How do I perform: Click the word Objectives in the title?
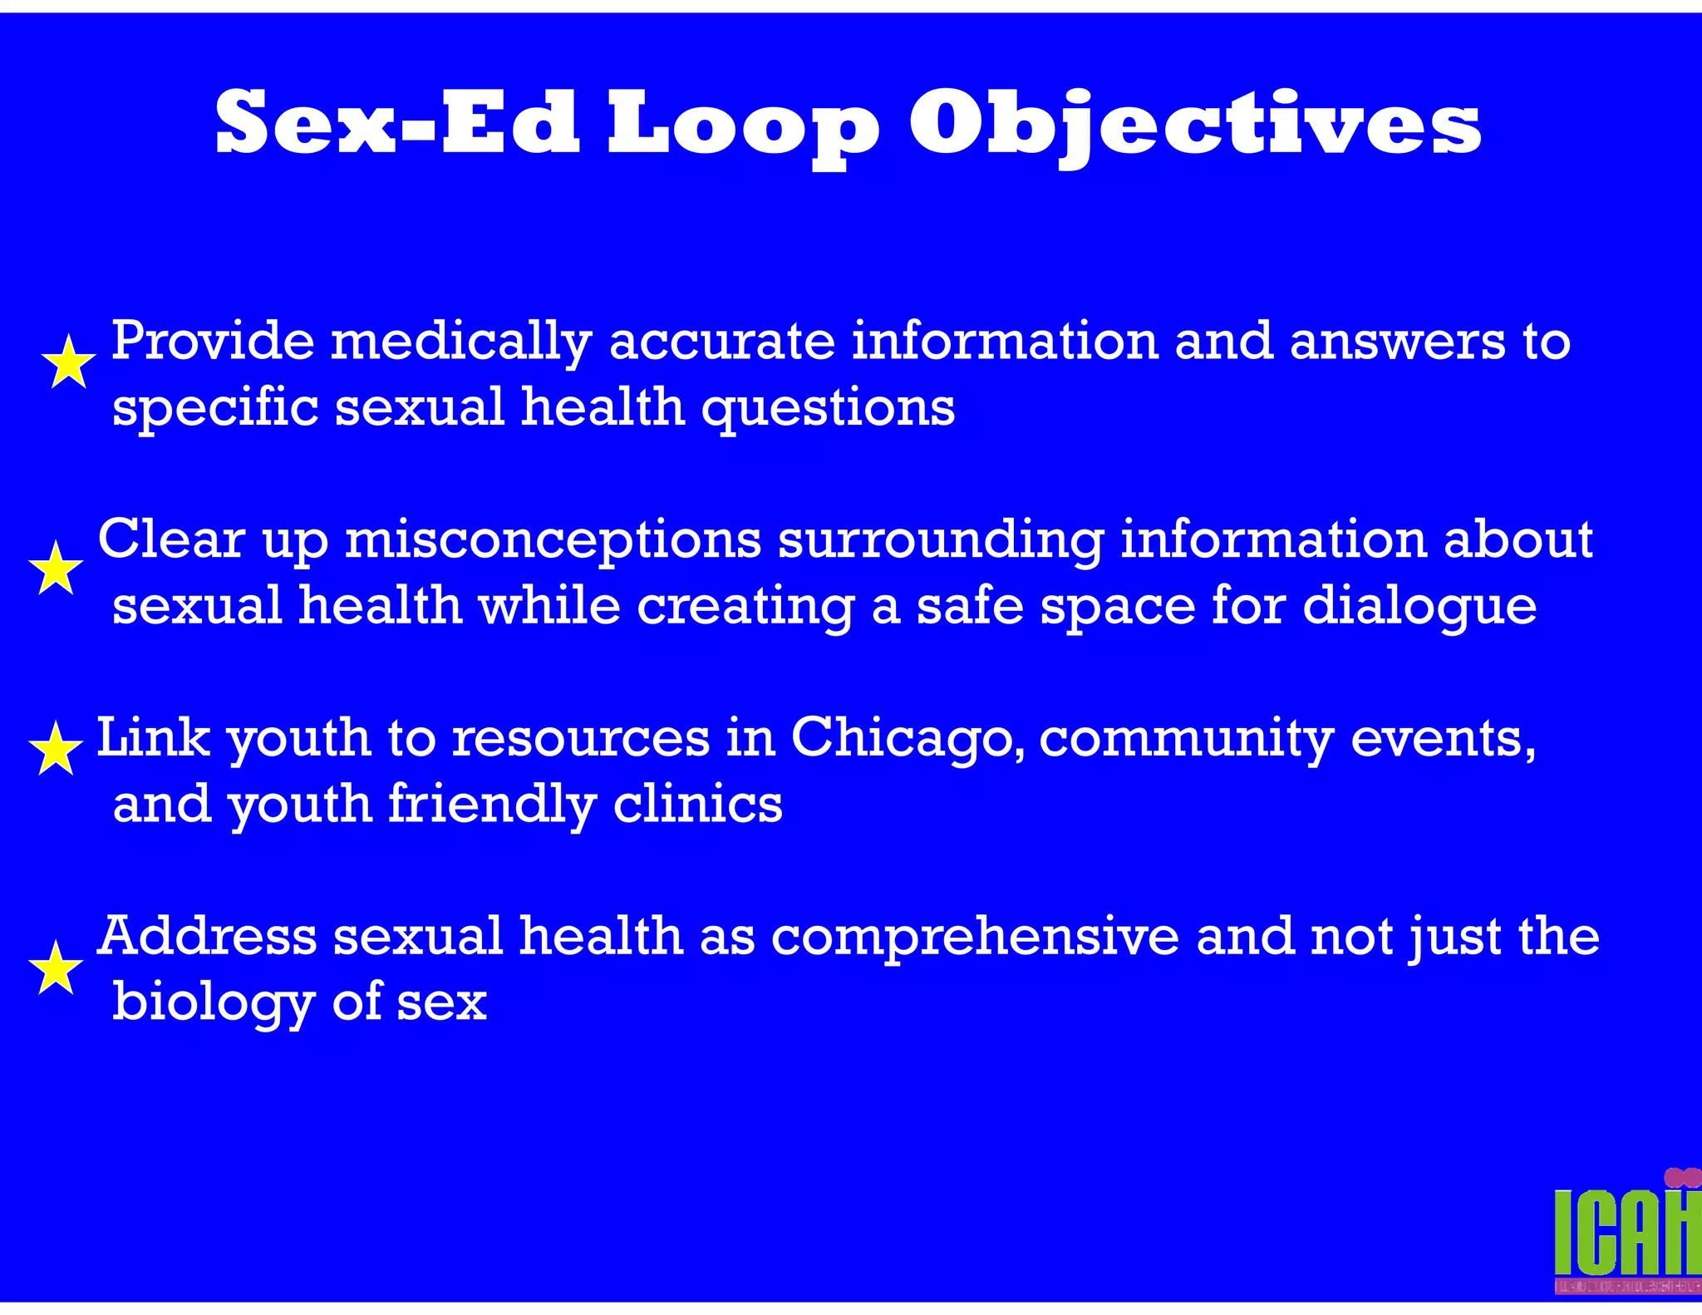1194,125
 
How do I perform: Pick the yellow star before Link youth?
56,749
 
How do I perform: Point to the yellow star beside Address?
56,968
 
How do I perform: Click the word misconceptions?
553,540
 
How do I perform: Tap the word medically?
461,342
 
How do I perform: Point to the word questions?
828,409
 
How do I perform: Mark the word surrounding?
940,540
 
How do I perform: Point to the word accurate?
721,342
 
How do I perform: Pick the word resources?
581,737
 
